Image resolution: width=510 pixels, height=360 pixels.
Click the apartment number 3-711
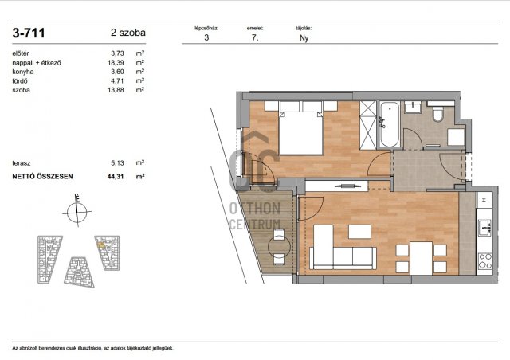coord(29,33)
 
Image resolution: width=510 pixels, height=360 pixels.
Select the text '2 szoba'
coord(128,33)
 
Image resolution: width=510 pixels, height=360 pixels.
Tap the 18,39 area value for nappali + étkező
coord(116,62)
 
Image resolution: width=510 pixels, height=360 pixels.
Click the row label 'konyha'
coord(23,72)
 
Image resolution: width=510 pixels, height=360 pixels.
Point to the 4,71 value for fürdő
coord(117,80)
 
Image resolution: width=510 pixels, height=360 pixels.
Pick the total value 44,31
coord(116,177)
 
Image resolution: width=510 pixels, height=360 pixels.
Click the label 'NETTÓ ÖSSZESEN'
coord(42,177)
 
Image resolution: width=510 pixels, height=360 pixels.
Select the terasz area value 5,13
coord(117,163)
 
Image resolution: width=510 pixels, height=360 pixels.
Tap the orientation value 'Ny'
coord(304,38)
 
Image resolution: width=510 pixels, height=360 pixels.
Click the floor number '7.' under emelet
coord(255,37)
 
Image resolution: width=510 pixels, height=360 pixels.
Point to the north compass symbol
coord(77,211)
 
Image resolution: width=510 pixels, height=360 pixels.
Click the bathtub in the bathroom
coord(390,124)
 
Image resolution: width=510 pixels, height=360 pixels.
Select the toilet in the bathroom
coord(438,114)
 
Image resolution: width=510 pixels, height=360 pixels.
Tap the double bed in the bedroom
coord(301,133)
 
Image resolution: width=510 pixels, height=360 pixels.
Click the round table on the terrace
coord(279,247)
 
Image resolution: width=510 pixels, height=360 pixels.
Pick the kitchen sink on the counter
coord(485,227)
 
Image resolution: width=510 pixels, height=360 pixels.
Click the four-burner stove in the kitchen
coord(485,261)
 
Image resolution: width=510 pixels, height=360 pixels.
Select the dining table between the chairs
coord(421,258)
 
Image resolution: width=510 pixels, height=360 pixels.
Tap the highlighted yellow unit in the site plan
coord(101,246)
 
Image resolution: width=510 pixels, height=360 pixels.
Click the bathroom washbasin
coord(413,107)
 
